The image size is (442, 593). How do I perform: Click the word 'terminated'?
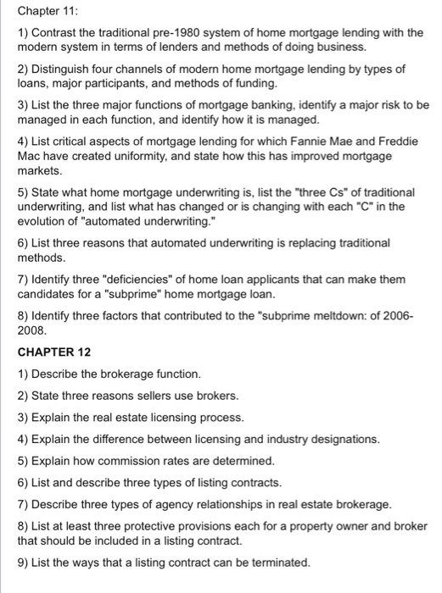tap(278, 563)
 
